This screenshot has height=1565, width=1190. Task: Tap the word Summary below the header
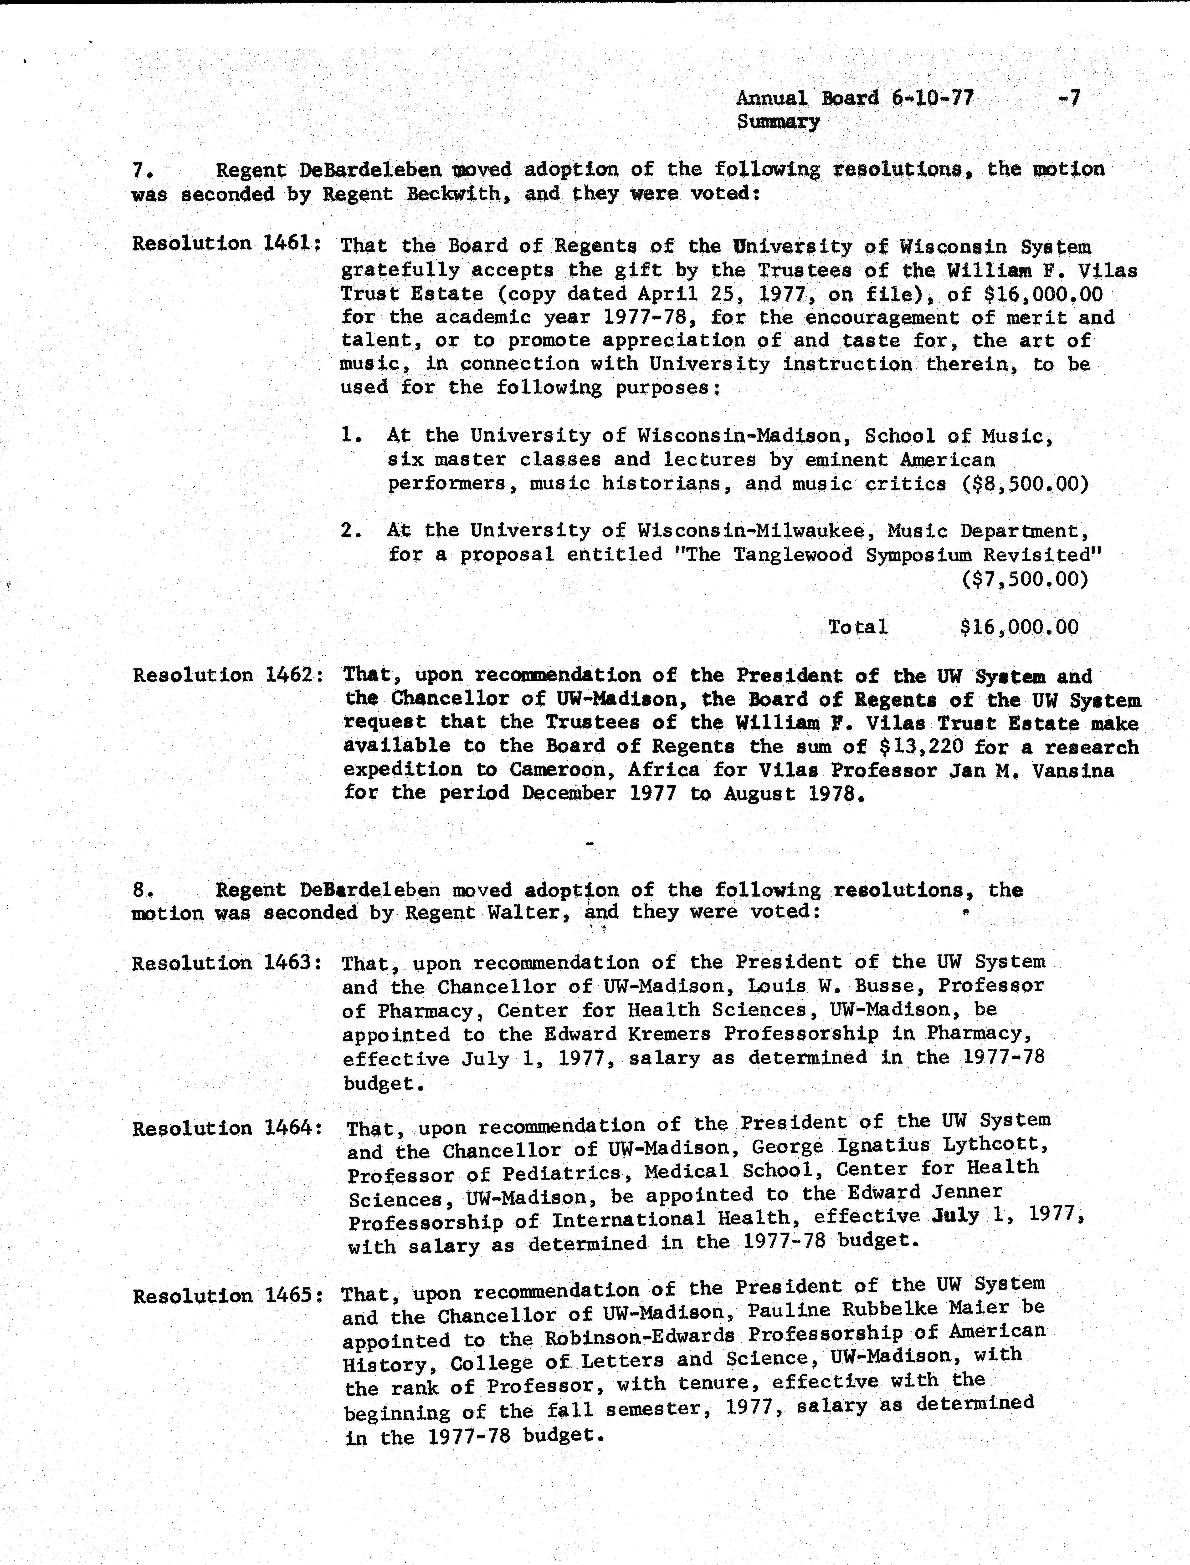click(778, 122)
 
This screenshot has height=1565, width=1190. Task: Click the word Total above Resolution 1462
click(858, 627)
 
